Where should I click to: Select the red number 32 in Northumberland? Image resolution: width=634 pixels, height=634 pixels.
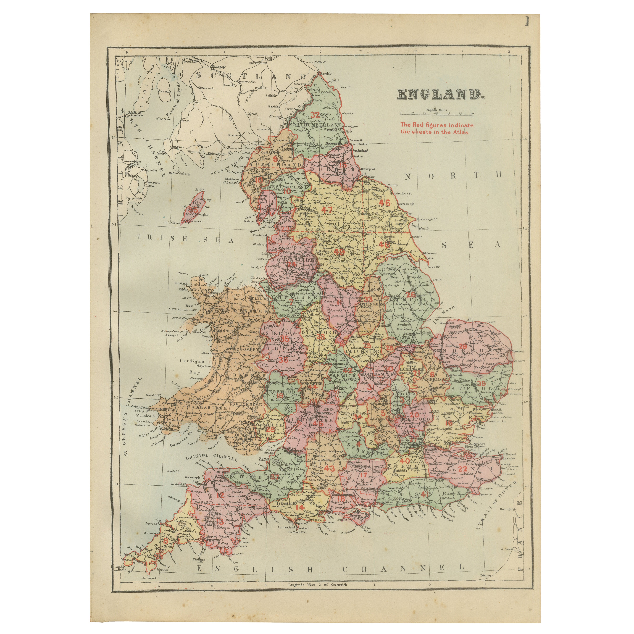coord(315,115)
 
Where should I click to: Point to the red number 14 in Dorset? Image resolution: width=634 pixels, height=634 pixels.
coord(299,507)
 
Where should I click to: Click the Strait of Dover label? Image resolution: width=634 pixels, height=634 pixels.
coord(497,504)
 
